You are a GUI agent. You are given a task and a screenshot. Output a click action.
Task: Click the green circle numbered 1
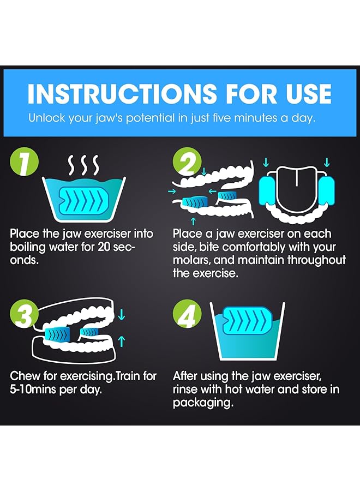pyautogui.click(x=25, y=163)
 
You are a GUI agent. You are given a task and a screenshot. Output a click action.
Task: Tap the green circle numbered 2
pyautogui.click(x=187, y=163)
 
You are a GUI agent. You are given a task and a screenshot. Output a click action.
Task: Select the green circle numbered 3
pyautogui.click(x=25, y=314)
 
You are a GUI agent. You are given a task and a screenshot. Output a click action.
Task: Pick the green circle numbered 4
pyautogui.click(x=187, y=314)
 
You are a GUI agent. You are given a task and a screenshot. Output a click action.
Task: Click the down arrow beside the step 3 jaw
pyautogui.click(x=122, y=314)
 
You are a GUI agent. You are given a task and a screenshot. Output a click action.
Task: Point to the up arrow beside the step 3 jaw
pyautogui.click(x=122, y=342)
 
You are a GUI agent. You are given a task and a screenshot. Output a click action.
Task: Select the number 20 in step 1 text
pyautogui.click(x=105, y=247)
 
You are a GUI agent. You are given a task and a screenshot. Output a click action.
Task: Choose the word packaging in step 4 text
pyautogui.click(x=203, y=403)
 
